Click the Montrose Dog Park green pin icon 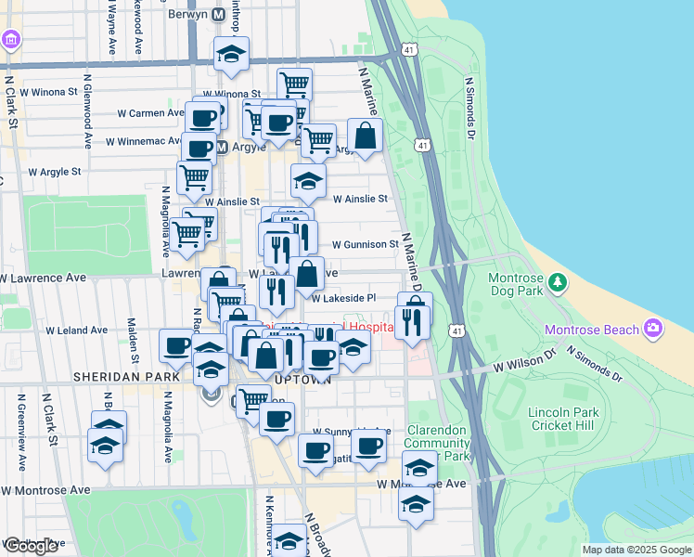coord(557,281)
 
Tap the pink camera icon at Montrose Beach coord(653,329)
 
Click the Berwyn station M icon coord(219,15)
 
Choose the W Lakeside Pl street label coord(343,299)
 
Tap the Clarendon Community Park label coord(438,444)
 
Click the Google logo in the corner coord(31,546)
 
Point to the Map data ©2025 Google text coord(636,550)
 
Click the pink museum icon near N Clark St coord(10,41)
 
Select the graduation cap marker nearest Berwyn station coord(231,55)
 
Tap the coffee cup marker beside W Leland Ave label coord(175,344)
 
